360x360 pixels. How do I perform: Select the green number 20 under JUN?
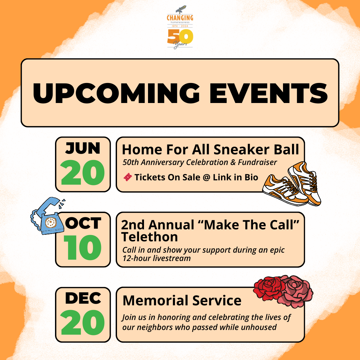[x=83, y=173]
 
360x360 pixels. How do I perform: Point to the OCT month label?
[x=83, y=223]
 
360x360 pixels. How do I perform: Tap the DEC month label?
[x=83, y=298]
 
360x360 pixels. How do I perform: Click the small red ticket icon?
[x=127, y=177]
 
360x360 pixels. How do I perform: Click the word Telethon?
[x=149, y=237]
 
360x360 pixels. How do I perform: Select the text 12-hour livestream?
[x=156, y=258]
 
